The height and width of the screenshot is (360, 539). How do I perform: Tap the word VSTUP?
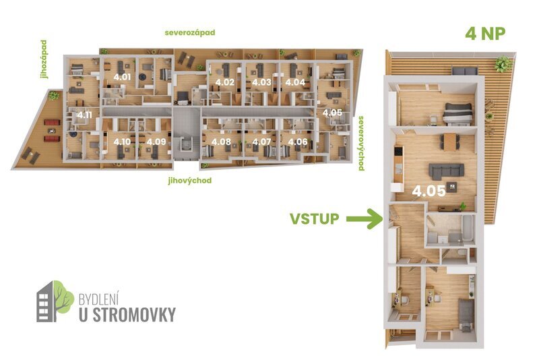(314, 218)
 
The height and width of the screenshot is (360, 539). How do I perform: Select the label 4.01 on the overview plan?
(122, 77)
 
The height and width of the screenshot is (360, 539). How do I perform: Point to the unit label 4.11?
(84, 115)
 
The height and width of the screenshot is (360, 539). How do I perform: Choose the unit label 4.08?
(221, 142)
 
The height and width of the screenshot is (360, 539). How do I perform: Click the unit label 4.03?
(261, 82)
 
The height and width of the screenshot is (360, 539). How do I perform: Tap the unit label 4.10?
(122, 142)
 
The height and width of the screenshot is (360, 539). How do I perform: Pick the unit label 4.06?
(297, 142)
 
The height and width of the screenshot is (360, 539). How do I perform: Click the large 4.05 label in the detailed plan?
(429, 191)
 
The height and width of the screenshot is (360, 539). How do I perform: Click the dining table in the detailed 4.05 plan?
(449, 142)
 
